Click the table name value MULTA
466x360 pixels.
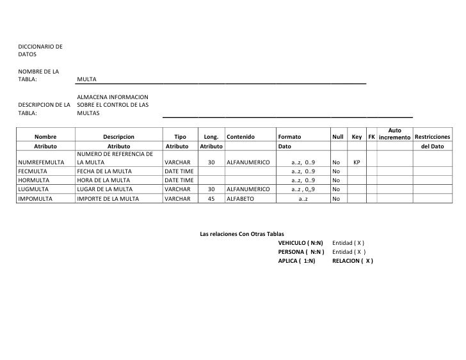click(86, 79)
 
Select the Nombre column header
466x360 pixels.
click(45, 137)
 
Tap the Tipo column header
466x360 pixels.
click(180, 137)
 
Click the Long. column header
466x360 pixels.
click(211, 137)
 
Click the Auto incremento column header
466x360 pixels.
click(394, 134)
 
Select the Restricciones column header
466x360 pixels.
click(432, 137)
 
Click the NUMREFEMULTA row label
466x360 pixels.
click(40, 163)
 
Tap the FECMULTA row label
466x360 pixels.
click(32, 171)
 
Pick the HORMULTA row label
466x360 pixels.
click(33, 180)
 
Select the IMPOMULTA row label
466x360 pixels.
click(35, 199)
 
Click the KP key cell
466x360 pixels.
click(357, 163)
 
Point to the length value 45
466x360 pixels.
click(211, 199)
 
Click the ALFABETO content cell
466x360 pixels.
click(241, 199)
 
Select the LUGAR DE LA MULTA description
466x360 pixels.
click(107, 189)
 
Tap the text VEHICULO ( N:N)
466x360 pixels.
click(301, 244)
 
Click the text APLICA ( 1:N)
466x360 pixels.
click(297, 261)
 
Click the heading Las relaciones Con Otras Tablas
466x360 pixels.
click(242, 235)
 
